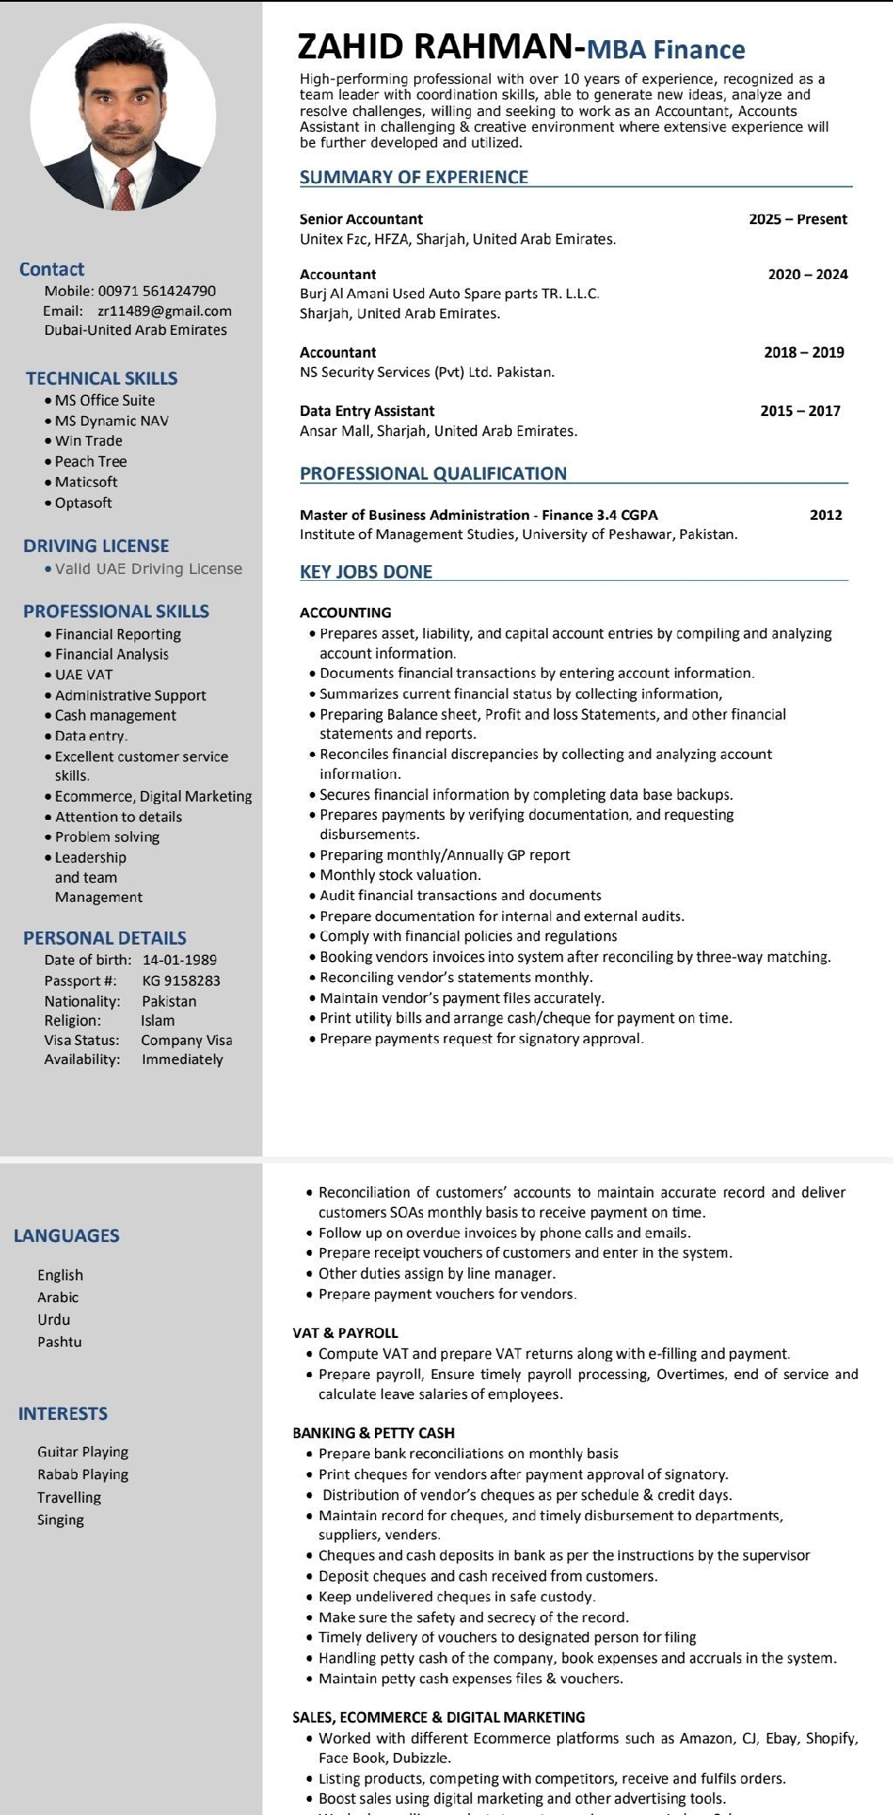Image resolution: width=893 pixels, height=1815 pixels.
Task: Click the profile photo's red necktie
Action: [x=124, y=187]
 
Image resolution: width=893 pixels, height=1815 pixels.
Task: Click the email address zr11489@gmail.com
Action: [x=165, y=310]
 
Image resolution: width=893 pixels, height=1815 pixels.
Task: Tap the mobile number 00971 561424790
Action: [x=157, y=290]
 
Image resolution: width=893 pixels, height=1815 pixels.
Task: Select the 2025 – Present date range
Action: [x=798, y=219]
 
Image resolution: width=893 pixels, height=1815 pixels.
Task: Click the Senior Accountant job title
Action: [x=361, y=219]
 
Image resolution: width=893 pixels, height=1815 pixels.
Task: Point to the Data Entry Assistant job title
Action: [x=367, y=411]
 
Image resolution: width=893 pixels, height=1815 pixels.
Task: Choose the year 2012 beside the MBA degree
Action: [x=826, y=515]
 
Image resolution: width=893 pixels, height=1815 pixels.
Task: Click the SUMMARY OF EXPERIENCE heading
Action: [x=414, y=177]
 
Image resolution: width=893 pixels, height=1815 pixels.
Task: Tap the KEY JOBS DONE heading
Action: [x=366, y=572]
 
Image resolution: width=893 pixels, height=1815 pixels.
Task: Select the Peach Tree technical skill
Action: [x=91, y=461]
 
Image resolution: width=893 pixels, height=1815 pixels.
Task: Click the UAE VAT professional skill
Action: [x=84, y=674]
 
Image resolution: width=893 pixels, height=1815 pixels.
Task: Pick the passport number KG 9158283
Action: [x=181, y=980]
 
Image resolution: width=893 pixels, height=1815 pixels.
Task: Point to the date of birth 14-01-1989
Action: [x=180, y=959]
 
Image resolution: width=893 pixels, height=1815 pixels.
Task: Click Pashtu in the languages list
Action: [x=59, y=1341]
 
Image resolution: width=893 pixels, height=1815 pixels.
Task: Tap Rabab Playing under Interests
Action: [x=83, y=1474]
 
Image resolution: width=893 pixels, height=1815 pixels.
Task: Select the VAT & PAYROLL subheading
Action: [x=345, y=1333]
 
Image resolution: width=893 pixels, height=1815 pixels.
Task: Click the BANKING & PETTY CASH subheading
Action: [x=373, y=1432]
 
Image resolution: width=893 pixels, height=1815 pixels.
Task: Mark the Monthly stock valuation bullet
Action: [x=400, y=875]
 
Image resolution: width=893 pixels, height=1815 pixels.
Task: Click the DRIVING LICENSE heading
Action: [x=96, y=546]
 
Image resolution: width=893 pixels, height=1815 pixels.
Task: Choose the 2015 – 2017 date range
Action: [x=801, y=411]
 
